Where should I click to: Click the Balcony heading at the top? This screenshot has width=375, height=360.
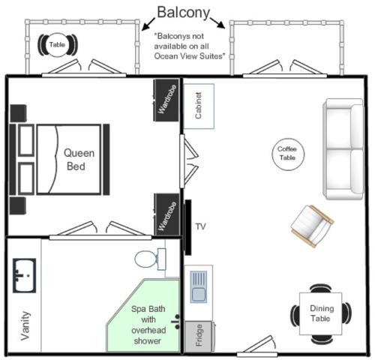183,12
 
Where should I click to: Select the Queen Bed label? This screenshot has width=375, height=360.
75,158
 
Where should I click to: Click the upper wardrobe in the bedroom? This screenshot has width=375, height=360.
166,99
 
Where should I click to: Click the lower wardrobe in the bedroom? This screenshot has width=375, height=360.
166,214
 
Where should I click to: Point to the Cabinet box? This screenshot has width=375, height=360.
199,105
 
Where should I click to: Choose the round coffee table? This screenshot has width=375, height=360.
286,154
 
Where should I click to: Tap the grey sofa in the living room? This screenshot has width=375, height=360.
342,149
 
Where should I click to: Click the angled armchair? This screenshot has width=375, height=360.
311,225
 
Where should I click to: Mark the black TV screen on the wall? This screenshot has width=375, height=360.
187,226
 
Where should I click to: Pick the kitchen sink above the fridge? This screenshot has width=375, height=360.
199,287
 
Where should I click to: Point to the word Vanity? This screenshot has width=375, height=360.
25,325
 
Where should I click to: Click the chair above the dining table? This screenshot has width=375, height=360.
321,288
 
